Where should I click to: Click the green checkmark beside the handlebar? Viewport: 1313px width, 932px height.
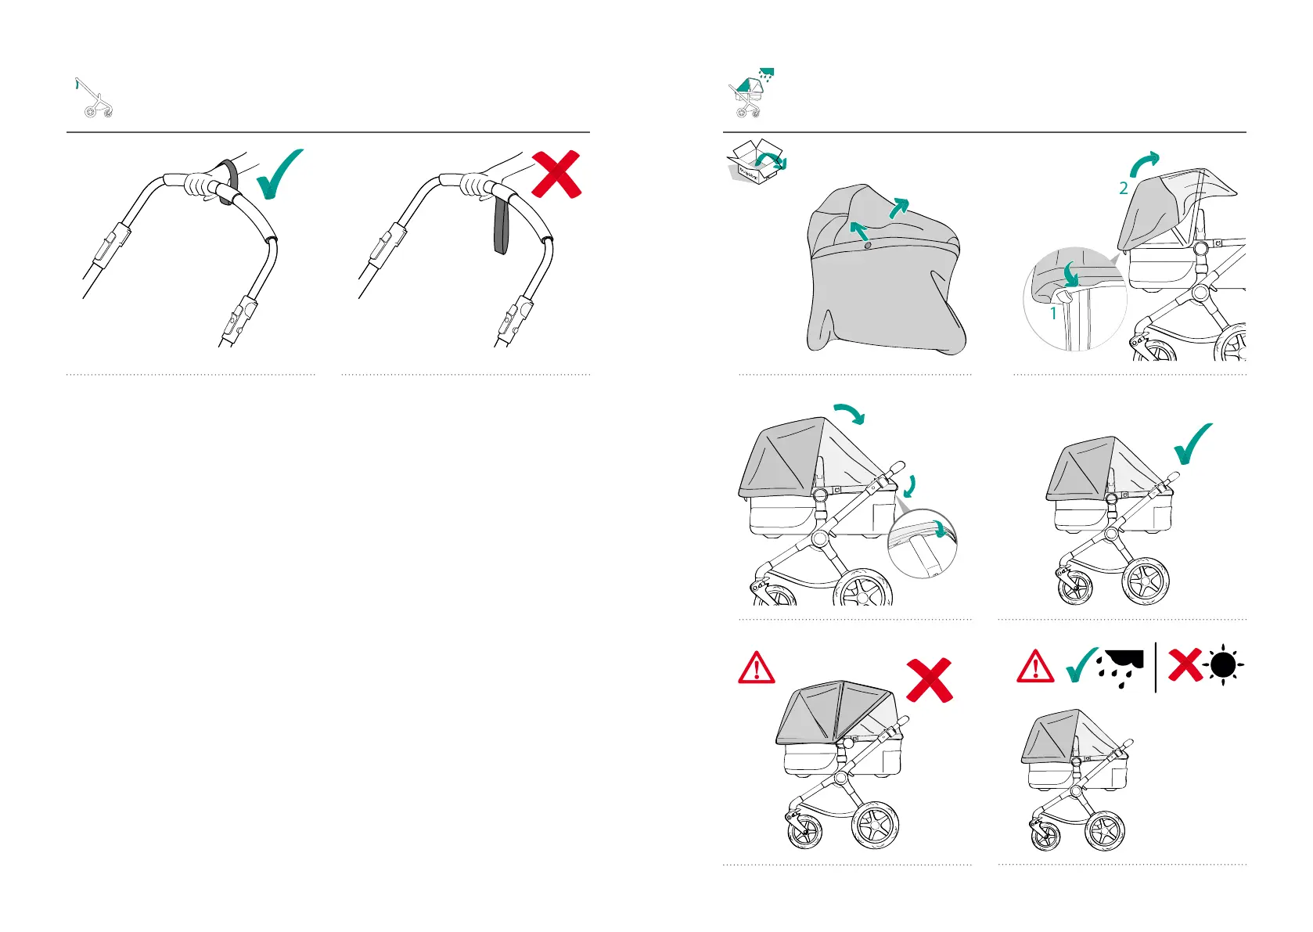click(x=278, y=174)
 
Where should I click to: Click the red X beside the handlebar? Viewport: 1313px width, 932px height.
click(x=556, y=174)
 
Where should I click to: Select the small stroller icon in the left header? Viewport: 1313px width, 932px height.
click(x=96, y=99)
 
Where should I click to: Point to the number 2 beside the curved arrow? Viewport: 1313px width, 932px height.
click(x=1124, y=189)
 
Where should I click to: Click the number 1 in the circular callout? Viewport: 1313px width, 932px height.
click(x=1053, y=314)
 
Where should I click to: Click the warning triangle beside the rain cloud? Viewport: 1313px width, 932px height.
click(x=1034, y=667)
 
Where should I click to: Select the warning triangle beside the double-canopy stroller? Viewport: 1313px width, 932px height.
click(x=756, y=669)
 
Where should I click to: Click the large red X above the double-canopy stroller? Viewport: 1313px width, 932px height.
click(x=930, y=679)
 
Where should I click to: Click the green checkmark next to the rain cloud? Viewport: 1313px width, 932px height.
click(x=1083, y=666)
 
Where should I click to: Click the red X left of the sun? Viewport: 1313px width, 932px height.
click(x=1185, y=666)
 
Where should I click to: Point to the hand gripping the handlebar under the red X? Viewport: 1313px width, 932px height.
click(x=475, y=185)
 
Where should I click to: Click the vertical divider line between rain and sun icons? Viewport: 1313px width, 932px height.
click(x=1156, y=668)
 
